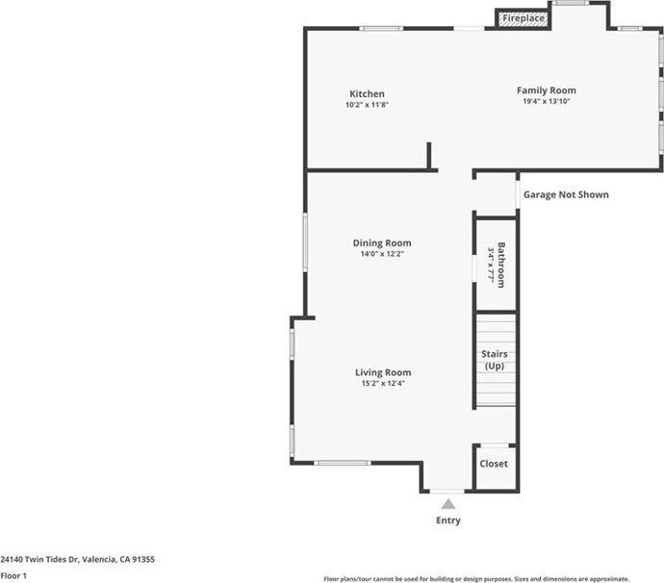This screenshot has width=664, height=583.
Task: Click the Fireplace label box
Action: pos(523,18)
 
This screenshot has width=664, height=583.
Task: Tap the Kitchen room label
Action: pos(367,94)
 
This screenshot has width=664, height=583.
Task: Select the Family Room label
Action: pos(546,90)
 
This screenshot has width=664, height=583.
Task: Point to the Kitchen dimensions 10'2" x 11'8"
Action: pos(367,105)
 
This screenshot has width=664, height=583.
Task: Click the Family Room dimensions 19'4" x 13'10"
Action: pos(546,101)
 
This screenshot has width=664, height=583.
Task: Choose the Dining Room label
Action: pos(381,243)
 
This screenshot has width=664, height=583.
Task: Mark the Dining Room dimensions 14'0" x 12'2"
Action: pos(381,254)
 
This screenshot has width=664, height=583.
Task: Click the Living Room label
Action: pos(383,372)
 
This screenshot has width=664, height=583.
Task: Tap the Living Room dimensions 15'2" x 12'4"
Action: pos(383,384)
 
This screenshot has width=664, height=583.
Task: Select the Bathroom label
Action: pos(501,263)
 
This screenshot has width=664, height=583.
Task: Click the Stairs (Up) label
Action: pos(494,360)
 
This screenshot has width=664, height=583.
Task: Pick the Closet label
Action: pos(494,464)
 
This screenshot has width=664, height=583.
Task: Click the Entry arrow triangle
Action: pos(447,503)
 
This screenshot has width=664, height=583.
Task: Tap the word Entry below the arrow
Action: pos(447,520)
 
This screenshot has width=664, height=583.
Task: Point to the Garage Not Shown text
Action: pos(566,194)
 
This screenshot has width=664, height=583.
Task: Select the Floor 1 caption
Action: pos(13,575)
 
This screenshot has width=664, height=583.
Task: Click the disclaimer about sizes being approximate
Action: pos(476,578)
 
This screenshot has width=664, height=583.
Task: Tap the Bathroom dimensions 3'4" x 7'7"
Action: pos(491,263)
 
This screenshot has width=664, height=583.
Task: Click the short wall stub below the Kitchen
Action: pos(429,156)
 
